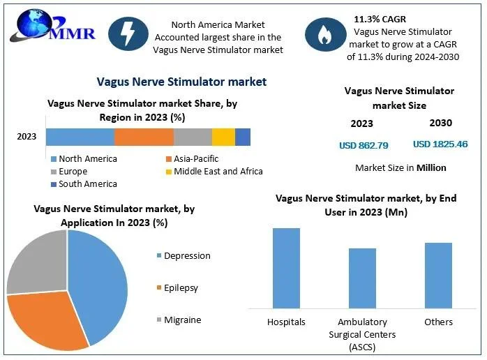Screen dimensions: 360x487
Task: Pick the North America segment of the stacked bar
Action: click(x=80, y=137)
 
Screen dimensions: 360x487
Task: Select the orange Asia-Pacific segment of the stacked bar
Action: click(x=144, y=137)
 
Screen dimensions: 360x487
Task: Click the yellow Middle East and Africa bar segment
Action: click(x=223, y=137)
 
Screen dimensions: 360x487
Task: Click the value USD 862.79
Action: click(x=364, y=146)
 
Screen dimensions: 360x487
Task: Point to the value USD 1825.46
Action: click(x=440, y=144)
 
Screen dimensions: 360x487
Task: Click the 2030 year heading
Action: click(x=440, y=123)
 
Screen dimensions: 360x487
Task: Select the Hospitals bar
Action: click(x=286, y=268)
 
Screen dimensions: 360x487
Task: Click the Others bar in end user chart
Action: click(x=438, y=275)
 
